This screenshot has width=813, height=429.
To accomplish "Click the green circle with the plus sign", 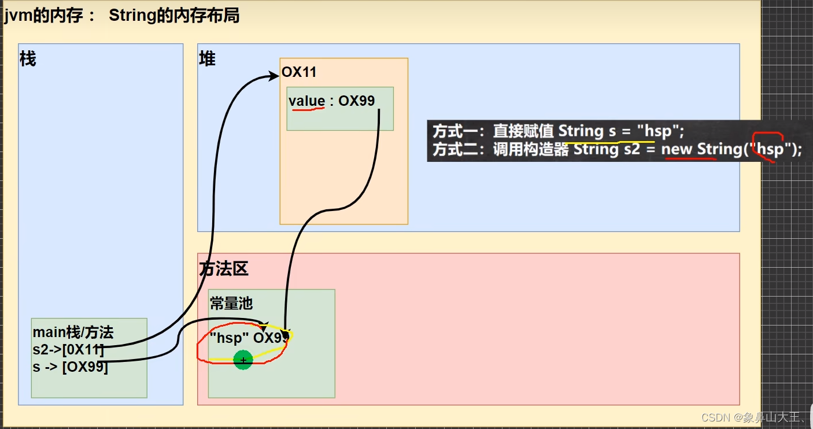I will pos(243,360).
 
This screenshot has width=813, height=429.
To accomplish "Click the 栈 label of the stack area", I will pos(28,59).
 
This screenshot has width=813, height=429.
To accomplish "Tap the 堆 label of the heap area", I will pos(207,59).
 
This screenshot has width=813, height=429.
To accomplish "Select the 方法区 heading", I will pos(224,269).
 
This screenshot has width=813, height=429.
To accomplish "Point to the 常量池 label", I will pos(231,304).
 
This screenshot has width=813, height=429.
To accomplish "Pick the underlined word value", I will pos(306,101).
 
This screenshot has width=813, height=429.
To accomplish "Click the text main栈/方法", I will pos(73,332).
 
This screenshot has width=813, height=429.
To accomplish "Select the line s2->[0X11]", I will pos(68,349).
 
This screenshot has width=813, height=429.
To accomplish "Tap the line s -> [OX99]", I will pos(70,367).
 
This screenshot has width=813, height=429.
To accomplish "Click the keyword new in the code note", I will pos(677,149).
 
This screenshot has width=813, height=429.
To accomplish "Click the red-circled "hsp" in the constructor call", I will pos(770,149).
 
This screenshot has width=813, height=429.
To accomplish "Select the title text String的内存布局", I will pos(173,16).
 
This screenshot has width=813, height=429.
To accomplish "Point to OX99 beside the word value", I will pos(357,101).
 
